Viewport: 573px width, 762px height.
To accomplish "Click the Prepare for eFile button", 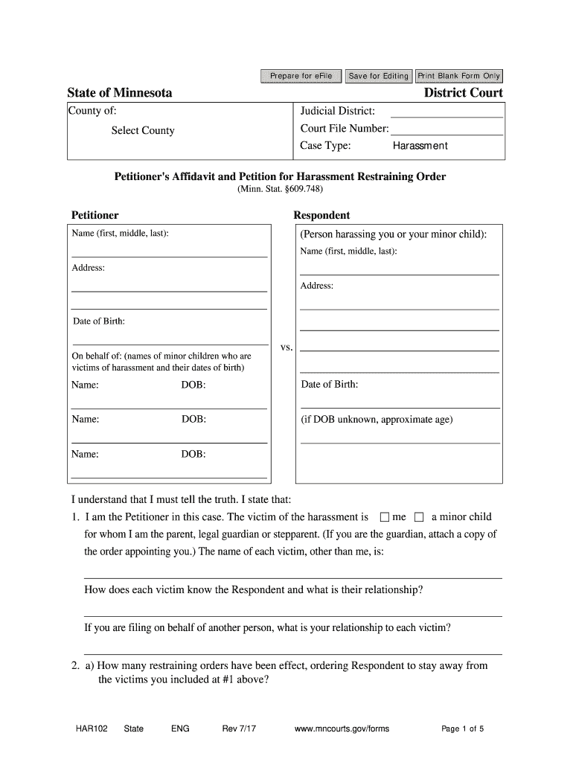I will (x=301, y=76).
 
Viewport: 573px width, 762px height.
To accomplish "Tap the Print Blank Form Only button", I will (x=458, y=76).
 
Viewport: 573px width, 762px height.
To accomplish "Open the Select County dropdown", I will (x=143, y=131).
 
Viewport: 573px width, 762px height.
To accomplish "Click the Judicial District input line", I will (x=446, y=112).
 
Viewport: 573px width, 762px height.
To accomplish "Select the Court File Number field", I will (x=447, y=129).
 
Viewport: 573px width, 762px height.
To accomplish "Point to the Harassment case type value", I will (x=420, y=146).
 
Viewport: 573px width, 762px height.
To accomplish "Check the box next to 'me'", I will (x=384, y=517).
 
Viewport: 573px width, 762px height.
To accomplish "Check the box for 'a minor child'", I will (x=418, y=517).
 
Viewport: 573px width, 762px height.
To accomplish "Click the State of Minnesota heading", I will (x=120, y=93).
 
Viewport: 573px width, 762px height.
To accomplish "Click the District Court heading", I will (x=463, y=93).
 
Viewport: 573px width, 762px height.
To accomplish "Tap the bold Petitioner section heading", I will (x=95, y=215).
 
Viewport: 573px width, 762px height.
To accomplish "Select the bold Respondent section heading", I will (x=321, y=215).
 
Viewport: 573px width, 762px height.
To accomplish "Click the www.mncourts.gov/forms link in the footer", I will (x=342, y=729).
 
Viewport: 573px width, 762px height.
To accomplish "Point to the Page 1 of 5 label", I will (x=463, y=729).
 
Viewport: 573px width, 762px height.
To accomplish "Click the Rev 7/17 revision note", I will (x=239, y=729).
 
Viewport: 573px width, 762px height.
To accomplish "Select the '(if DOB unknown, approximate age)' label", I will (x=377, y=420).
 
